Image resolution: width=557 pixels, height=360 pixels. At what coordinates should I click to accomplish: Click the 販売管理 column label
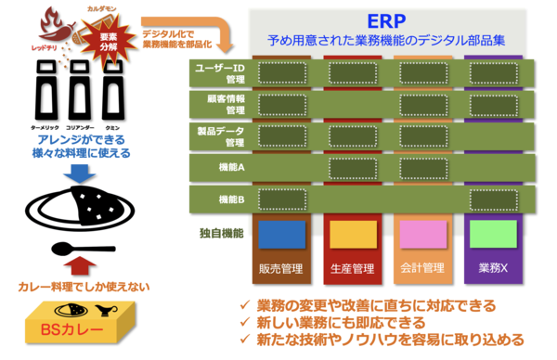[282, 268]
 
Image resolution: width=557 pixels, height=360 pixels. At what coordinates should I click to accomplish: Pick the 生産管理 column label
[352, 268]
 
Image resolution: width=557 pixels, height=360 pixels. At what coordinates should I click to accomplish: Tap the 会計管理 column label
[422, 268]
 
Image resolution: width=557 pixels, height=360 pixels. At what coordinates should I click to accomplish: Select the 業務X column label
[492, 268]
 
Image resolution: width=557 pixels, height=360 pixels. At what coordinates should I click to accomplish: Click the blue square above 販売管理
[282, 234]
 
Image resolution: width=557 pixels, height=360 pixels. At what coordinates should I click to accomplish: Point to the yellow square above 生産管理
[353, 234]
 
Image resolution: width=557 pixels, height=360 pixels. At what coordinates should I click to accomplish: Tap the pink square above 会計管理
[422, 234]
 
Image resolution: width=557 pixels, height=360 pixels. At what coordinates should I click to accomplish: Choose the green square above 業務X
[492, 234]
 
